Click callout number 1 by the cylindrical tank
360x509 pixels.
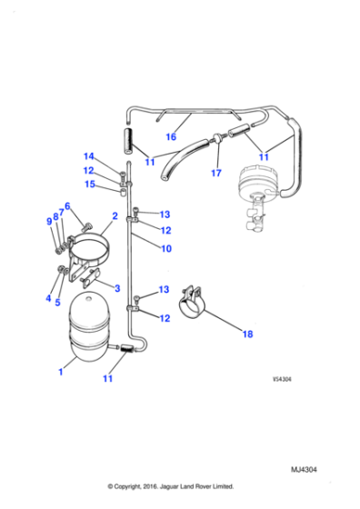[60, 372]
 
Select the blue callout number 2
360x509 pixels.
[115, 216]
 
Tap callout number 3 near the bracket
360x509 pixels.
[117, 288]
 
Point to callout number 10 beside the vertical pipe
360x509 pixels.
[165, 249]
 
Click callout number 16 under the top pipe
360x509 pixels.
[171, 136]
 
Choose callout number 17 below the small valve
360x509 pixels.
[216, 173]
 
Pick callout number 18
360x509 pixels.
[247, 334]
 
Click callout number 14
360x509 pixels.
[88, 156]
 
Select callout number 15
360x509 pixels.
[90, 184]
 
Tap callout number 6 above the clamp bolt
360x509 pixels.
[67, 206]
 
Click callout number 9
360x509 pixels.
[49, 221]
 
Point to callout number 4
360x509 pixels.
[48, 298]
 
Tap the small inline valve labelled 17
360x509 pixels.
[218, 137]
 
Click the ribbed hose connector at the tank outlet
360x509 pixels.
[127, 350]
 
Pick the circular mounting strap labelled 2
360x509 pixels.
[91, 241]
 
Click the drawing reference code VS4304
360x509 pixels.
[282, 379]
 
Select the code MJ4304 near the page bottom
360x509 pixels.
[304, 469]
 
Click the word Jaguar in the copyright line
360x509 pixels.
[169, 486]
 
